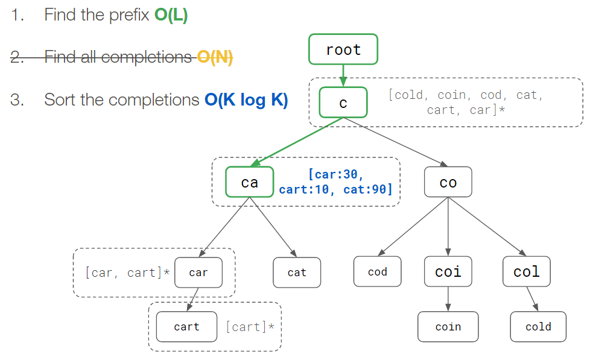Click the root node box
[343, 49]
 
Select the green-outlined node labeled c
[343, 103]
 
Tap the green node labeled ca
[250, 182]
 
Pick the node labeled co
[448, 182]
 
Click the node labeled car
[198, 273]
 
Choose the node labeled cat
[297, 273]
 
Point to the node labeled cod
[377, 272]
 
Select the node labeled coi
[448, 272]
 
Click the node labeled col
[526, 272]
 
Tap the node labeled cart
[186, 327]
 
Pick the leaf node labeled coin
[448, 327]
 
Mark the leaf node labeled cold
[538, 327]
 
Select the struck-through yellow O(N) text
[215, 57]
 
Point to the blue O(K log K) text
[246, 99]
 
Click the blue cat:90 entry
[367, 190]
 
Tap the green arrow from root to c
[343, 75]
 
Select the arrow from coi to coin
[448, 299]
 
